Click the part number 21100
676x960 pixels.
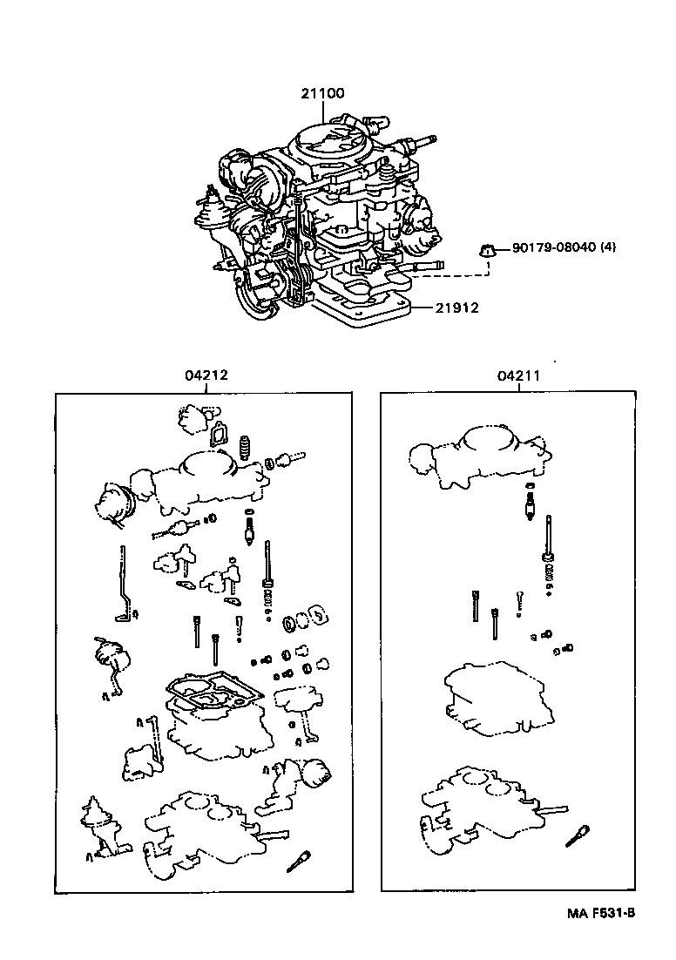323,92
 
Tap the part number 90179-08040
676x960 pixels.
553,247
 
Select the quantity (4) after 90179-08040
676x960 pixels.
608,247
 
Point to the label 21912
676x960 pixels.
456,308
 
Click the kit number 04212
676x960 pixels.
206,375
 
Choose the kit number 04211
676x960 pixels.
518,375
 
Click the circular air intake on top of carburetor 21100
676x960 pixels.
332,140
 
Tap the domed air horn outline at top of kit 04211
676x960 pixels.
478,454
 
